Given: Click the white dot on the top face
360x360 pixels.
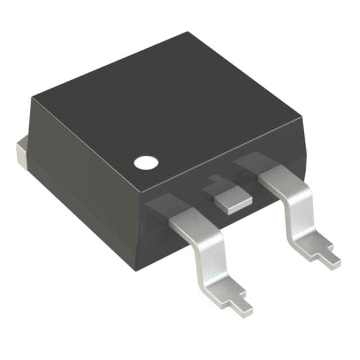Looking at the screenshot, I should point(146,162).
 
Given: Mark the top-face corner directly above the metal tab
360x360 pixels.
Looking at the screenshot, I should point(32,97).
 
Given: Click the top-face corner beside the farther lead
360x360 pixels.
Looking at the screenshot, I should point(301,117).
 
